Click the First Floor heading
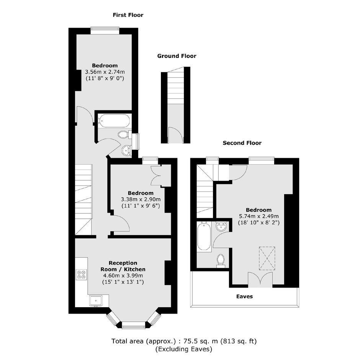[128, 15]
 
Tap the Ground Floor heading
[177, 56]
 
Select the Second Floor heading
[242, 143]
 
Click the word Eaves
[244, 296]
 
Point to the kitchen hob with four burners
[82, 274]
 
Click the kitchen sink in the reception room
[96, 301]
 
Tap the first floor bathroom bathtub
[115, 121]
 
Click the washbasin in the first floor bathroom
[126, 151]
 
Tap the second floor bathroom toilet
[221, 260]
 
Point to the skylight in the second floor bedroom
[267, 258]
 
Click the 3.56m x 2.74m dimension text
[105, 72]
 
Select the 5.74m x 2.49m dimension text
[259, 216]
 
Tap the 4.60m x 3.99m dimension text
[123, 275]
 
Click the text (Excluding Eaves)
[184, 349]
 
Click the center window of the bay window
[133, 325]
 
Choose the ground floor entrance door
[176, 134]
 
